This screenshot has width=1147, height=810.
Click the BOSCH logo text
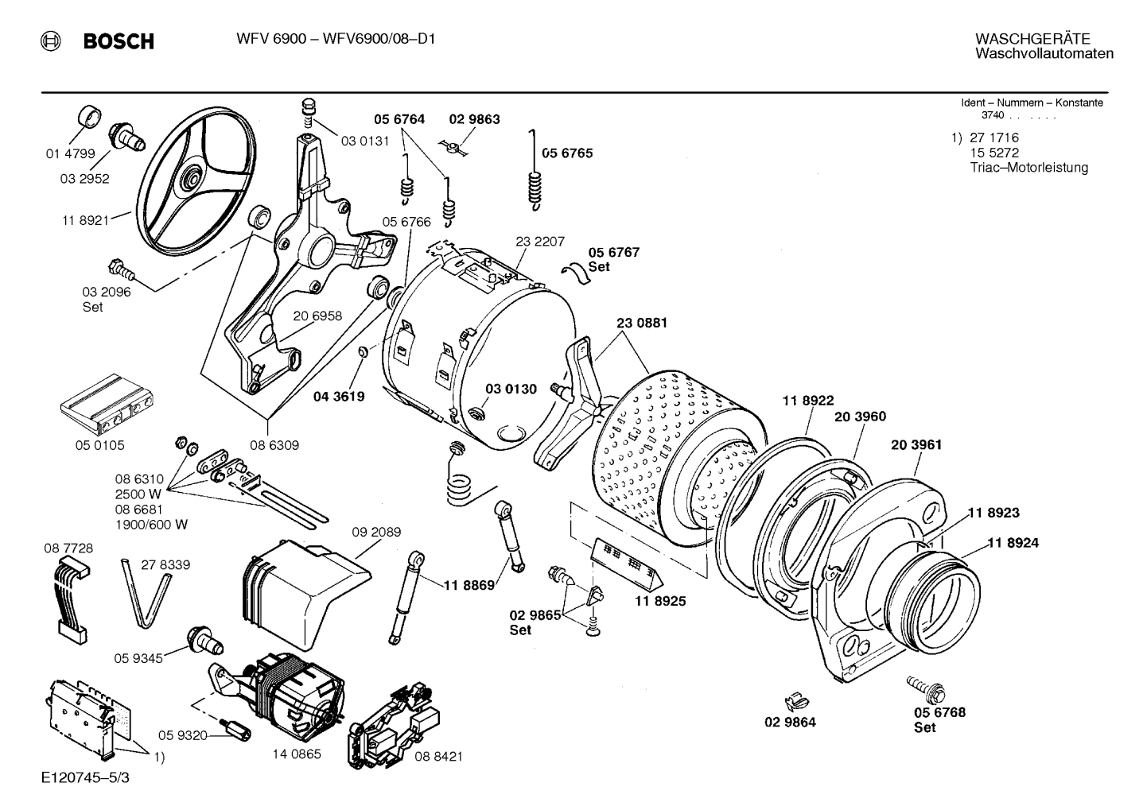click(118, 41)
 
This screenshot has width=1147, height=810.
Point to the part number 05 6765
click(567, 153)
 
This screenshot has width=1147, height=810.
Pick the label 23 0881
click(641, 323)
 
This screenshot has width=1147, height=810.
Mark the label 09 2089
click(376, 532)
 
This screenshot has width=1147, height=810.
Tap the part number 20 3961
click(916, 444)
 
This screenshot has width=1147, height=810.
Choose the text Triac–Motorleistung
click(1028, 168)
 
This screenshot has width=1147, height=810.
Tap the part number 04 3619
click(339, 396)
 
